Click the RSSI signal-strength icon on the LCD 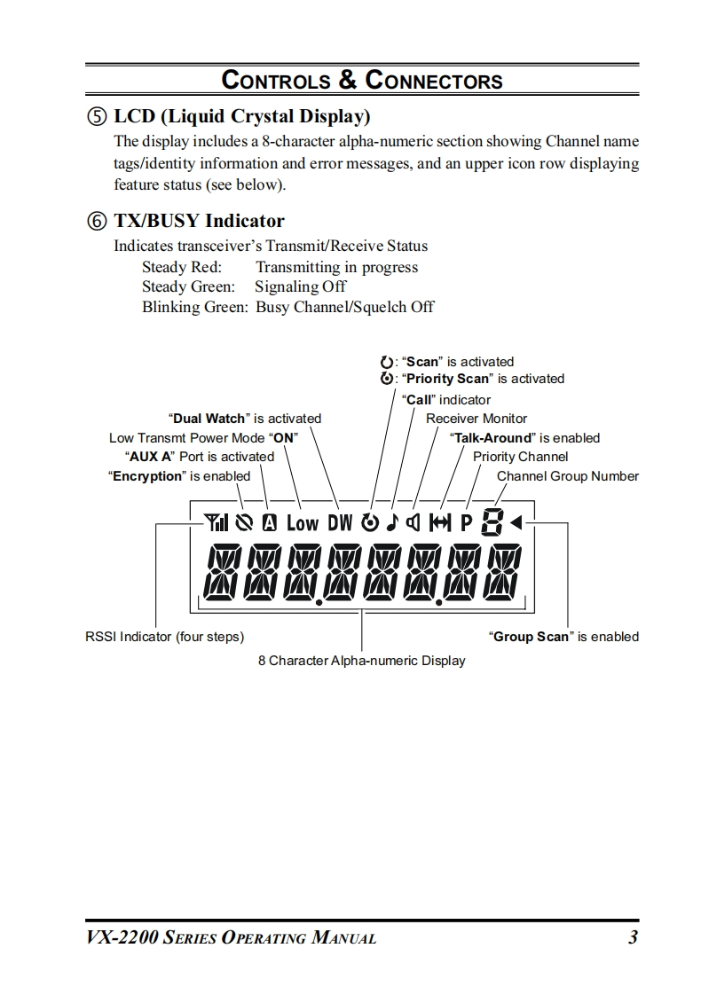215,522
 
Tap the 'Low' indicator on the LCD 302,523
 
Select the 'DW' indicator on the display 340,523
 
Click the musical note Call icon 391,522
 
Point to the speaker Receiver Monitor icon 413,522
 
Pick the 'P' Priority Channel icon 466,523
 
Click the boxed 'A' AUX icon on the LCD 269,523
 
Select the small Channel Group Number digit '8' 491,522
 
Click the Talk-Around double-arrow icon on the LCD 440,523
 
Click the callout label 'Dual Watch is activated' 245,419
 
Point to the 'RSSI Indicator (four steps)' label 164,637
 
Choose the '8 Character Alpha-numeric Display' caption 361,661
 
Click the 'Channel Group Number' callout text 567,476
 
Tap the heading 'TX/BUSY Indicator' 199,221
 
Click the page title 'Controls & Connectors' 362,81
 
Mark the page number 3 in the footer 633,937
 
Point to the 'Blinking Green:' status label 194,307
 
